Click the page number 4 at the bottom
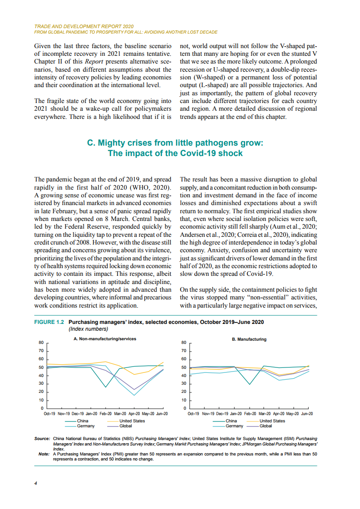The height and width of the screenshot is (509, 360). [x=36, y=483]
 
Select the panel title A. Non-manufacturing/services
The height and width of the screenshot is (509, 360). [x=105, y=339]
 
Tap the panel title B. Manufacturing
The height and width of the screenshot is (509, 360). [x=246, y=339]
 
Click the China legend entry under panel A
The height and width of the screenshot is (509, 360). [x=83, y=421]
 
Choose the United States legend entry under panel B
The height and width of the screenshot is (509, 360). [x=272, y=421]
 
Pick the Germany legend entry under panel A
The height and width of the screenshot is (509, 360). [x=86, y=426]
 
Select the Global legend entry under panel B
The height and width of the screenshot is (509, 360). [x=266, y=426]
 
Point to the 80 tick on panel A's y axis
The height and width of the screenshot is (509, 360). [x=41, y=343]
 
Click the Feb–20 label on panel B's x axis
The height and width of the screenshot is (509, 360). [x=250, y=414]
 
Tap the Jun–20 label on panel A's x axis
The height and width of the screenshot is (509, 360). [x=161, y=414]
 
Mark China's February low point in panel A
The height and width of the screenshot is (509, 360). [x=106, y=387]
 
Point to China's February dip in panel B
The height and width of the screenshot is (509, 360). [x=249, y=384]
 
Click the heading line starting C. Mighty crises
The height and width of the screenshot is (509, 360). [x=175, y=143]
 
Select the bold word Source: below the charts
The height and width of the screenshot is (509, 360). [x=42, y=439]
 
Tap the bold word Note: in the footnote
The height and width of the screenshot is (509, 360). [x=44, y=454]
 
